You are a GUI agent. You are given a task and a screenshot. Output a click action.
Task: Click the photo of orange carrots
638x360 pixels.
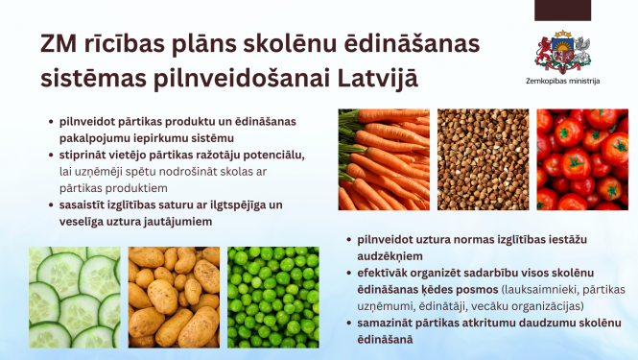coord(383,158)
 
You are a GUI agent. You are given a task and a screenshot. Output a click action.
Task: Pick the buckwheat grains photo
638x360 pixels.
coord(482,158)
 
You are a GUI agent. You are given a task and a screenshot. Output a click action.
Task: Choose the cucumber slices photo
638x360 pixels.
coord(74,297)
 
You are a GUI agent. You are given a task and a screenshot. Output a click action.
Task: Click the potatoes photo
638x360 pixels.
coord(172,297)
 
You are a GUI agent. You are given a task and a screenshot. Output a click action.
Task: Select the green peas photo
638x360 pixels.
coord(272,297)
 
